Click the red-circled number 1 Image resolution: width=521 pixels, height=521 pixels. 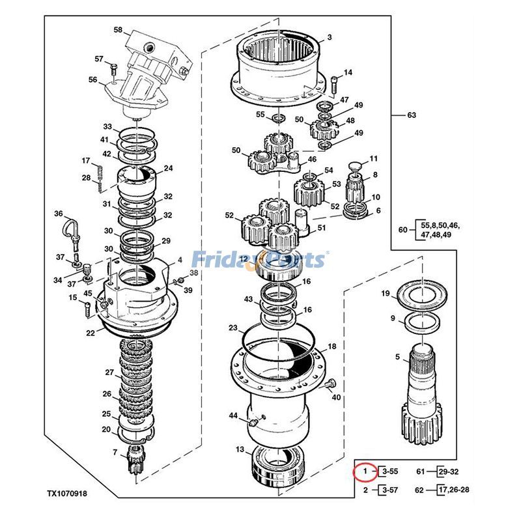pos(365,470)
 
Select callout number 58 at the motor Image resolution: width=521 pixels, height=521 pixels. pos(118,29)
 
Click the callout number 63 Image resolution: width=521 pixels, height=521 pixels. pos(411,115)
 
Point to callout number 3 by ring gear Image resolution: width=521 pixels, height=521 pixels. pos(330,38)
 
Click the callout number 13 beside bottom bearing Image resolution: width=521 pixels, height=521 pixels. pos(240,449)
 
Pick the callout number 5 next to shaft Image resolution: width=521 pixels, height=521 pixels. pos(397,356)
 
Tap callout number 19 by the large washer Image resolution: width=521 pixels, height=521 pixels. pos(385,294)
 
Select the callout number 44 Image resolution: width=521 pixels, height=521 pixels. pos(232,415)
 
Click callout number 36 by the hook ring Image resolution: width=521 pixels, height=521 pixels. pos(58,214)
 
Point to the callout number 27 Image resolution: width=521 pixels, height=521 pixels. pos(109,372)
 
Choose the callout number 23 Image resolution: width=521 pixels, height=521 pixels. pos(232,328)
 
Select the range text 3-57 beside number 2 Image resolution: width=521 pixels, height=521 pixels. pos(390,490)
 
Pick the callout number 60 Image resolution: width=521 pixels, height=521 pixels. pos(402,230)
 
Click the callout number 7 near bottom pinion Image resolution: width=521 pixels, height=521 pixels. pos(115,452)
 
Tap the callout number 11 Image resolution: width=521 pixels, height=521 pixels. pos(374,159)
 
